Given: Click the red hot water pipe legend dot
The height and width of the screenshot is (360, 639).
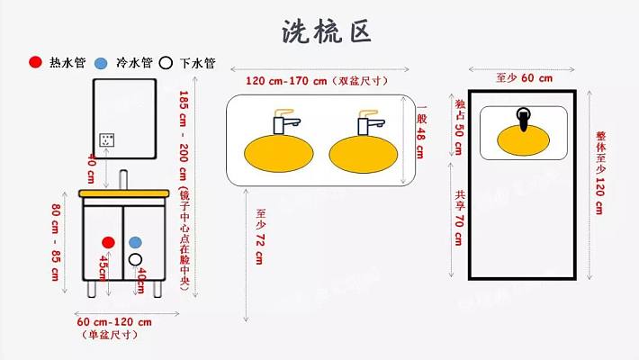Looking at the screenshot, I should pyautogui.click(x=35, y=63).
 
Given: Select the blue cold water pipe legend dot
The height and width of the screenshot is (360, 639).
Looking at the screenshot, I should pyautogui.click(x=101, y=63).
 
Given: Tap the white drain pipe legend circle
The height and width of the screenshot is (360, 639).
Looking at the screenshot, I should pyautogui.click(x=166, y=63).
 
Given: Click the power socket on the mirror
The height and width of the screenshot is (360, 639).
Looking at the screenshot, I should pyautogui.click(x=109, y=140).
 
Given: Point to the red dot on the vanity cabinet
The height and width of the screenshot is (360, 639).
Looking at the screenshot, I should pyautogui.click(x=109, y=243).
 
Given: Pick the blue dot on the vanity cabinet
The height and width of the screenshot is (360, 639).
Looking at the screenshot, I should pyautogui.click(x=135, y=243).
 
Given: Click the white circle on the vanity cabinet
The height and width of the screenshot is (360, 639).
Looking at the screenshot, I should pyautogui.click(x=135, y=259).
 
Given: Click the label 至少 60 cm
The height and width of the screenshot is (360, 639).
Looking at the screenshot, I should pyautogui.click(x=524, y=78).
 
